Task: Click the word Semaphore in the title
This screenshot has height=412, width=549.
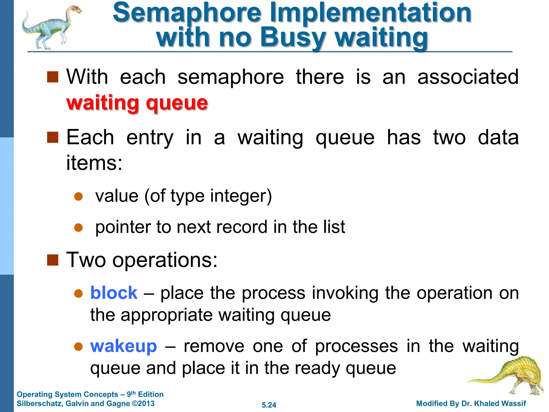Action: (187, 13)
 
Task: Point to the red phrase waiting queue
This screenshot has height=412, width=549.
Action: (137, 103)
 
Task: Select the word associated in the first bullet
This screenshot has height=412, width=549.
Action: (468, 77)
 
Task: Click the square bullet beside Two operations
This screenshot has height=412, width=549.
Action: (53, 260)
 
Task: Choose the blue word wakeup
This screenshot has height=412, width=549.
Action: (123, 346)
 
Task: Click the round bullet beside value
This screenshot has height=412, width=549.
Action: (78, 196)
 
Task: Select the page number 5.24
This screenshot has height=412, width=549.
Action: (269, 405)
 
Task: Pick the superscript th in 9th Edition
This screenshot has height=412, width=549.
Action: (133, 393)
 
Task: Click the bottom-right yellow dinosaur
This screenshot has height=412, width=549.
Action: (512, 376)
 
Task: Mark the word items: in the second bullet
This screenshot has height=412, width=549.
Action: (94, 163)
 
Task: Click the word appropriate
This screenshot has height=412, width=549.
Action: (166, 315)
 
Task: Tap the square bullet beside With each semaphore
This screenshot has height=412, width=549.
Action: (53, 77)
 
